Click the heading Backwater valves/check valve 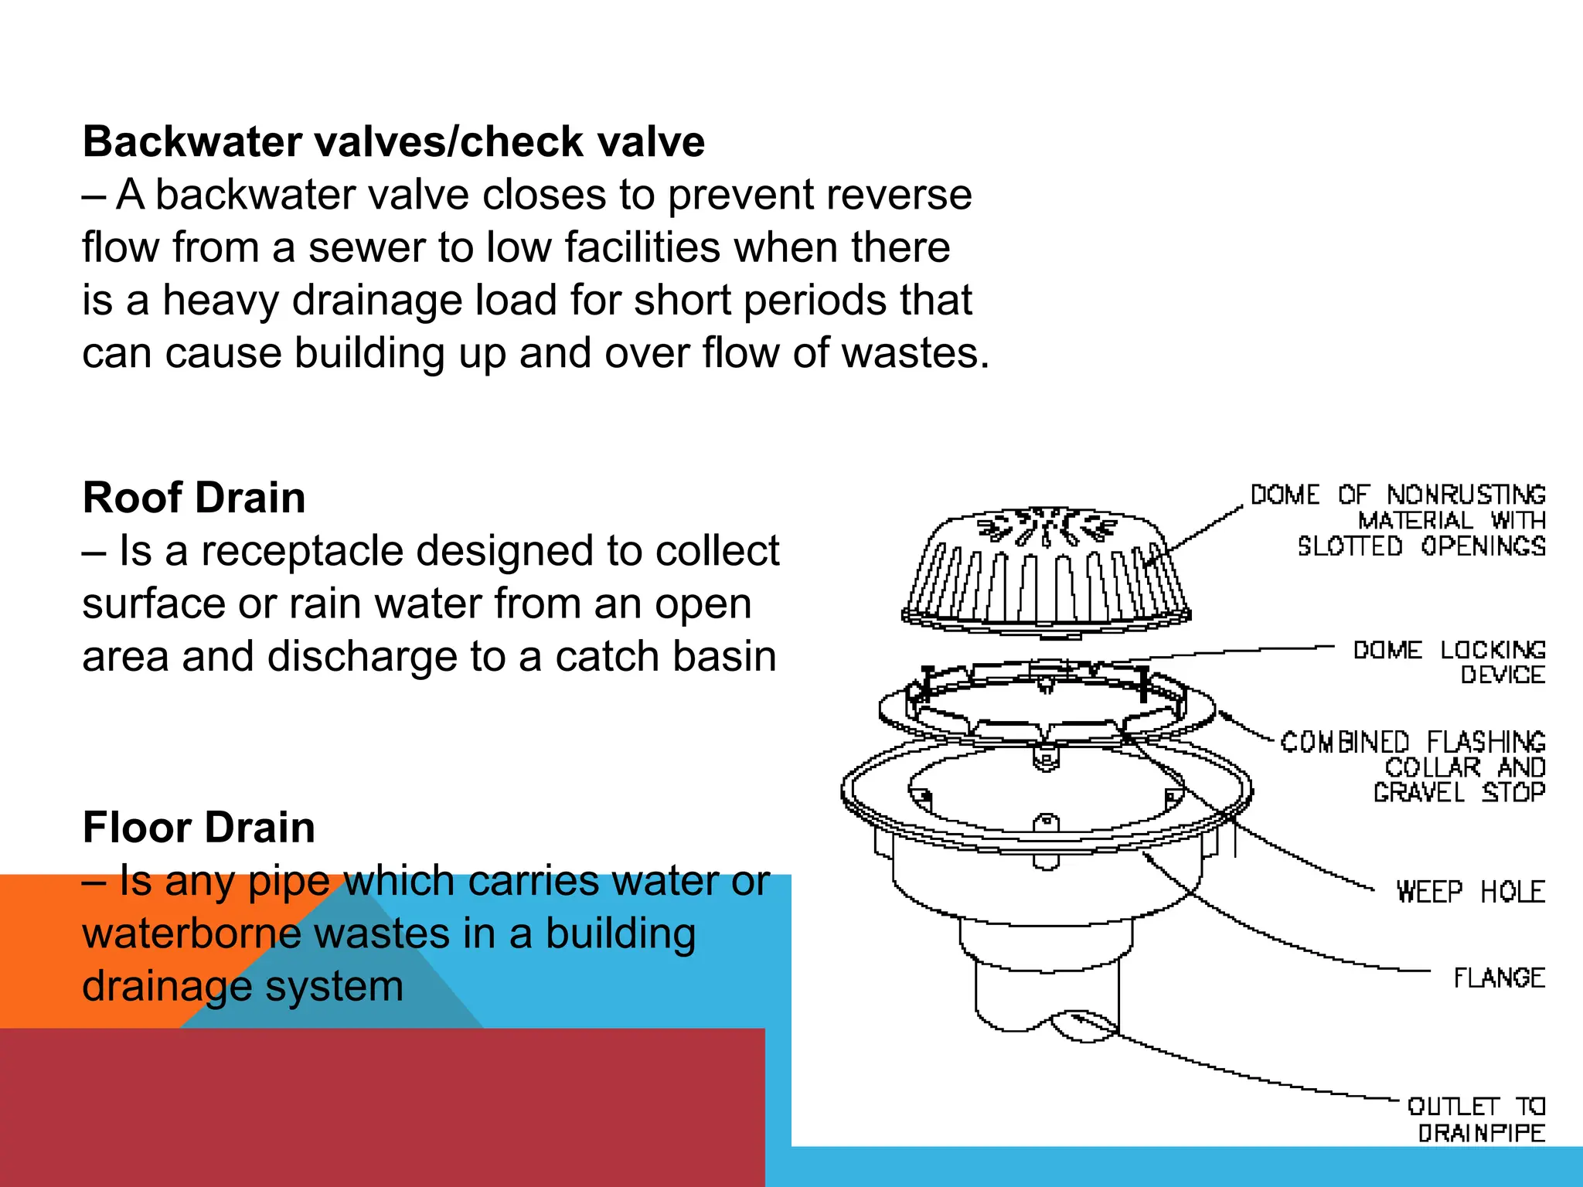click(x=393, y=142)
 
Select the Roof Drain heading click(x=194, y=498)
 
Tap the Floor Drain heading click(x=199, y=828)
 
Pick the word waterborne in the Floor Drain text click(x=190, y=934)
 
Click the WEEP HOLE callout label click(x=1470, y=892)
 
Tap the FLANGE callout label click(x=1499, y=978)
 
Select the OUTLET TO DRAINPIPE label click(x=1476, y=1120)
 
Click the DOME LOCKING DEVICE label click(x=1449, y=662)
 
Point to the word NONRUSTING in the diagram click(x=1466, y=495)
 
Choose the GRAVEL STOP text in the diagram click(x=1459, y=793)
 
